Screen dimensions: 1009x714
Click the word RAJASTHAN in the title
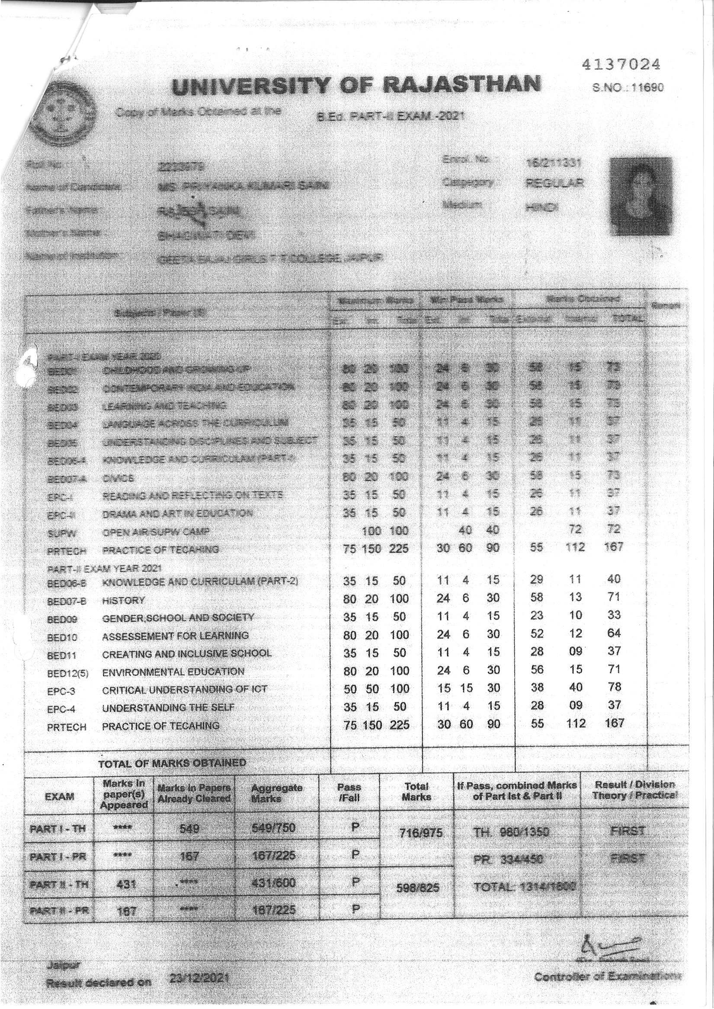[x=461, y=85]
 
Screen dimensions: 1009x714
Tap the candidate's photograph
[x=640, y=196]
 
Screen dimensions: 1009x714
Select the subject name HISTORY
[x=123, y=600]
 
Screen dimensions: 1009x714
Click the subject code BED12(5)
[x=68, y=673]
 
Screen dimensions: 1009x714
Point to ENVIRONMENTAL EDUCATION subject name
[x=173, y=672]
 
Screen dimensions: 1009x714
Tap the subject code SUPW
[x=58, y=534]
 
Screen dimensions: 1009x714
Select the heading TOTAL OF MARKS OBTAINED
[x=172, y=763]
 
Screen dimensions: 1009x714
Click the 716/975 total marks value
[x=416, y=833]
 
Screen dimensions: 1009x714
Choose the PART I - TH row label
[x=58, y=829]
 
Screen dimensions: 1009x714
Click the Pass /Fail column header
[x=350, y=792]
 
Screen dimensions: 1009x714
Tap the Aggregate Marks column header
[x=277, y=793]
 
